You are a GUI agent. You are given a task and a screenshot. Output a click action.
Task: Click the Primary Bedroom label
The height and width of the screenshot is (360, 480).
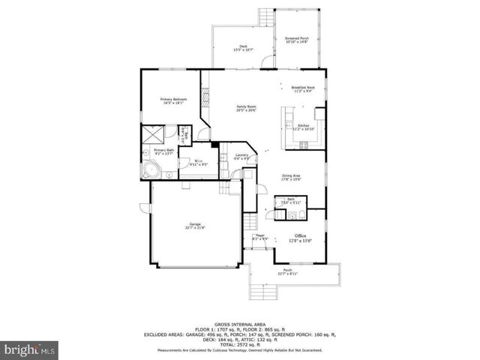[x=173, y=101]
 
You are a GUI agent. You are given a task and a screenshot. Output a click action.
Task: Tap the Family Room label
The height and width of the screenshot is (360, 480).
[x=247, y=109]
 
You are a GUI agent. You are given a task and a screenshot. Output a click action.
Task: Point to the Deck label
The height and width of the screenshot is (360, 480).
[x=243, y=48]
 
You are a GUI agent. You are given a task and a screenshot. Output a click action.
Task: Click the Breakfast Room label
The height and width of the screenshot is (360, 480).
[x=303, y=89]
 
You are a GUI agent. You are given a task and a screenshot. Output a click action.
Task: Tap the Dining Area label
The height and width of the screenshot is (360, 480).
[x=292, y=177]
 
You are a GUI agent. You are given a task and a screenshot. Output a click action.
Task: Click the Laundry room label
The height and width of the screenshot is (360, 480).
[x=241, y=157]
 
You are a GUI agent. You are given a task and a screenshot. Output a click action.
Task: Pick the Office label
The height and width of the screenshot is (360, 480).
[x=300, y=238]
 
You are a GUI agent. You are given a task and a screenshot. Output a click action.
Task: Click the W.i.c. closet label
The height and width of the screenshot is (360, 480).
[x=199, y=162]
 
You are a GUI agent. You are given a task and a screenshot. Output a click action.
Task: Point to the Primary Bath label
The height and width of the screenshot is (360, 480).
[x=163, y=151]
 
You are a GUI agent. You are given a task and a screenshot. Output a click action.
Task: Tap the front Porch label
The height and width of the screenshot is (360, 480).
[x=288, y=272]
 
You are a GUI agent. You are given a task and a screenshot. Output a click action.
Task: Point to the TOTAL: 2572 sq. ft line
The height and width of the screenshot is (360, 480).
[x=239, y=343]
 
